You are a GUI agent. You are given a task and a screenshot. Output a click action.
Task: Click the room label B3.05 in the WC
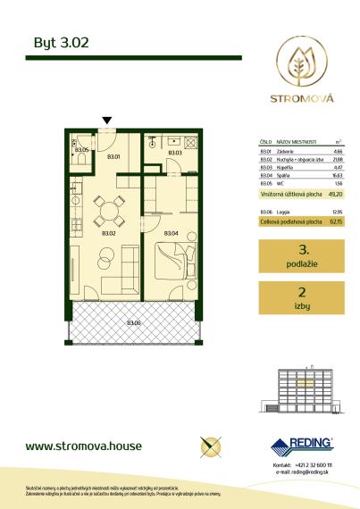[x=81, y=150]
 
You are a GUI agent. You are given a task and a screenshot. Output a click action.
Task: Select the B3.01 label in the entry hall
[x=113, y=158]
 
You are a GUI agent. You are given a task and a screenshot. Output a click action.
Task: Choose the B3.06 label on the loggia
[x=133, y=322]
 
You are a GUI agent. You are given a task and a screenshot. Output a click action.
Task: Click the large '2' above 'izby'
[x=303, y=291]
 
